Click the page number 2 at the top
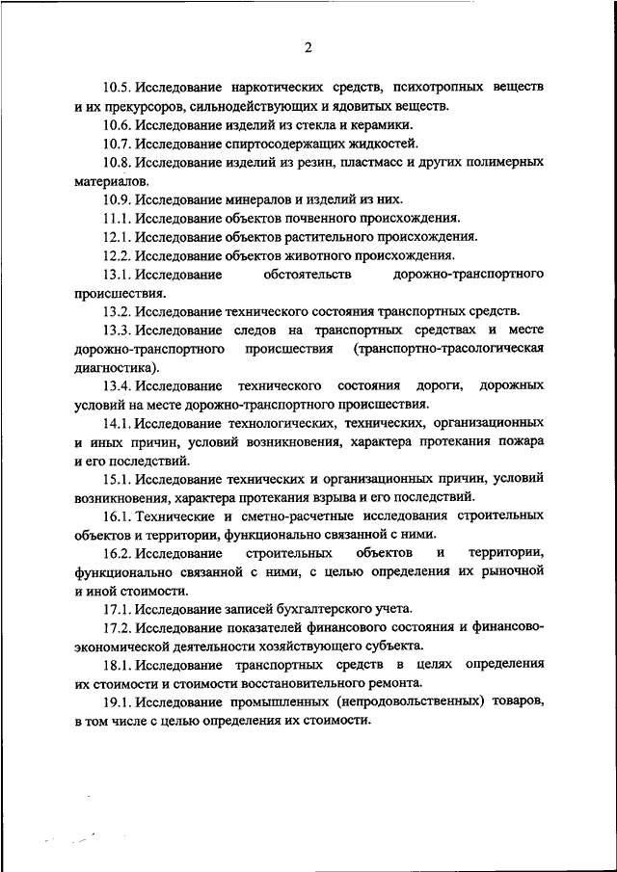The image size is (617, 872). (x=308, y=47)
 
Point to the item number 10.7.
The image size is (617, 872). (x=119, y=144)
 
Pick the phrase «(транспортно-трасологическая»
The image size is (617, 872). (x=448, y=348)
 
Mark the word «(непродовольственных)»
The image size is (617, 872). (x=416, y=701)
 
